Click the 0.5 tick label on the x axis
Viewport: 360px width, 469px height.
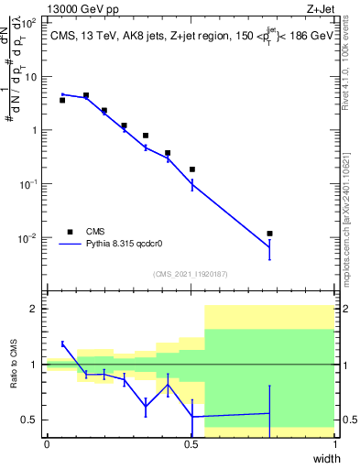point(191,444)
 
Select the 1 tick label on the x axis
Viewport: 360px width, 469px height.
point(334,444)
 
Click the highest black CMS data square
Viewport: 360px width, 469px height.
point(85,95)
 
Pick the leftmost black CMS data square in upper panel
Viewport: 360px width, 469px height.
point(62,100)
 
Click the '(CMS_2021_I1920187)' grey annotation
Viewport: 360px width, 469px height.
point(190,273)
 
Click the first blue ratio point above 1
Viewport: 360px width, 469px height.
point(62,344)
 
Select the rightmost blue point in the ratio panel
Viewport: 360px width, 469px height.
point(268,413)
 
